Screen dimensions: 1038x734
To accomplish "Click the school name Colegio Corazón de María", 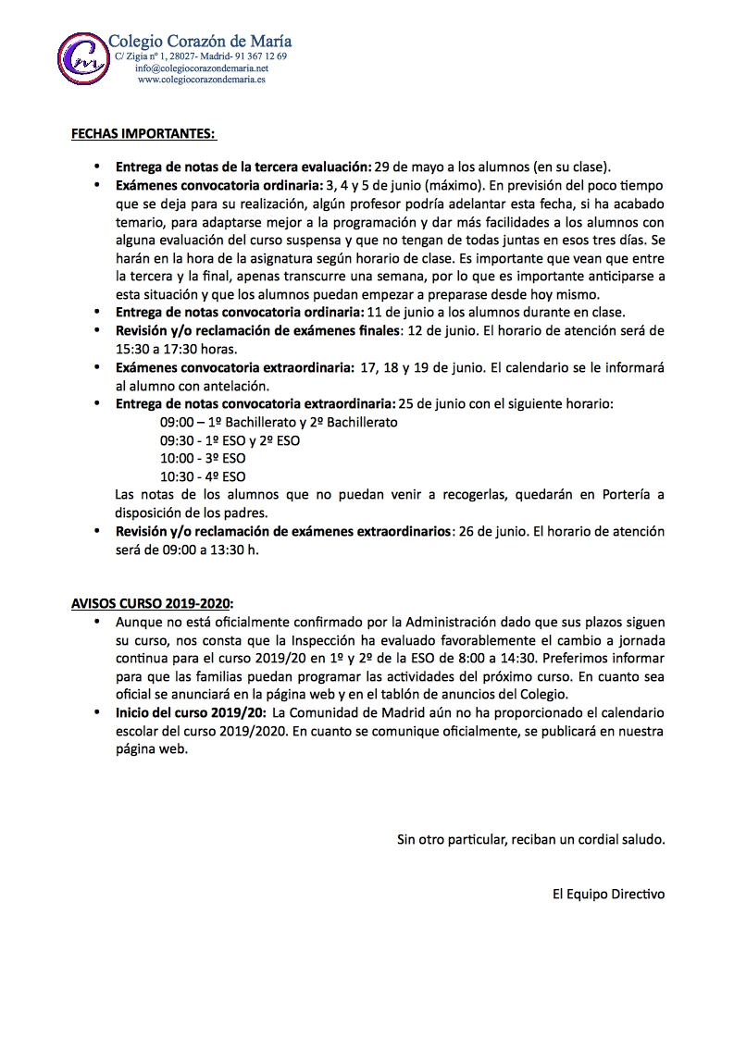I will click(201, 41).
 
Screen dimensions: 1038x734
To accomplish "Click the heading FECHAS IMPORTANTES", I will click(143, 134).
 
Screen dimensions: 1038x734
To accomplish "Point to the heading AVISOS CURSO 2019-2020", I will click(153, 601).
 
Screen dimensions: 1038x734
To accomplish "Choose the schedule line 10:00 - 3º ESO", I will click(203, 458).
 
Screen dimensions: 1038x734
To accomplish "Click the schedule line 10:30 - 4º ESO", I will click(203, 476).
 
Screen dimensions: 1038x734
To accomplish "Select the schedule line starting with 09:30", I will click(230, 440).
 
